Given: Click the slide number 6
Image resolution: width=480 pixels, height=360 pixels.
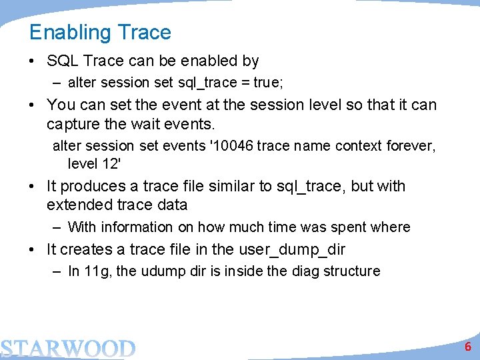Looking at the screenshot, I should [x=468, y=346].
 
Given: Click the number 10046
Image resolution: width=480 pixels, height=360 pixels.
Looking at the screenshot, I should [x=232, y=145].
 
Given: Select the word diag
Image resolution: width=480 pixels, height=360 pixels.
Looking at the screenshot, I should [x=305, y=271].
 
